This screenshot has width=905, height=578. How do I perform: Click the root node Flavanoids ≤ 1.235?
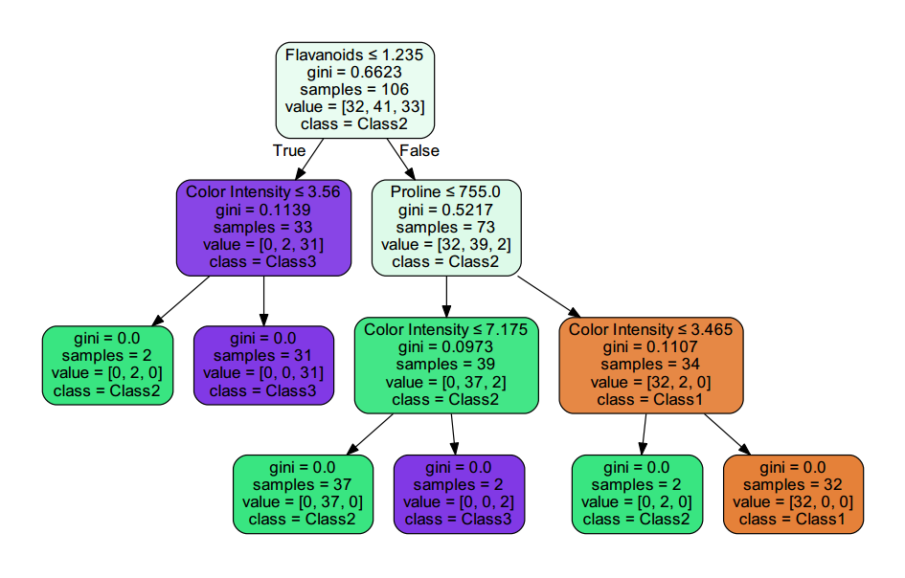pos(354,89)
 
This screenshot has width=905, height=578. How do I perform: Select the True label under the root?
pos(289,150)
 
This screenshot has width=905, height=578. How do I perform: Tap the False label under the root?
pos(419,150)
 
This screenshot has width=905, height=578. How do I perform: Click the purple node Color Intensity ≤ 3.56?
pos(263,227)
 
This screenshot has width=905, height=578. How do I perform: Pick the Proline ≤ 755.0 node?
pos(446,227)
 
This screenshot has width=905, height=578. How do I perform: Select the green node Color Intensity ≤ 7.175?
pos(446,365)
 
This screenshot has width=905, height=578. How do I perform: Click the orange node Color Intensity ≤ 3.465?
pos(650,365)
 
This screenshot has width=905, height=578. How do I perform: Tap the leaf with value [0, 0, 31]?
pos(263,365)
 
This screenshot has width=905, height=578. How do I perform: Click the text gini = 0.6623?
pos(354,72)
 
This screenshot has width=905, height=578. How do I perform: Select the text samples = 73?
pos(446,227)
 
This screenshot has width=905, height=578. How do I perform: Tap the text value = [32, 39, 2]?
pos(446,244)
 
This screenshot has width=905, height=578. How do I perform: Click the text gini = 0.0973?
pos(446,347)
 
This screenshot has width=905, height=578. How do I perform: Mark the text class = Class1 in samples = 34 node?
pos(650,399)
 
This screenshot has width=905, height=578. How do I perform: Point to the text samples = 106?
pos(354,89)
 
